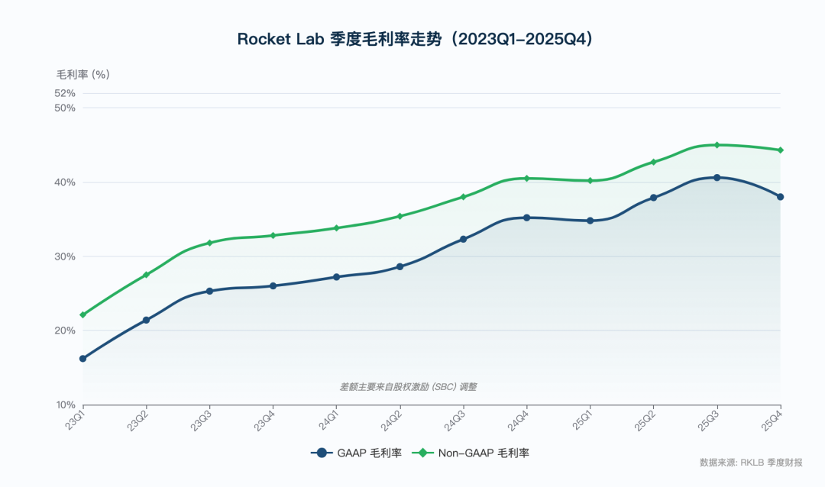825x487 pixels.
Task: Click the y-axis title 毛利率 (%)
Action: pos(83,75)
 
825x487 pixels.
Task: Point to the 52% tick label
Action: pos(65,93)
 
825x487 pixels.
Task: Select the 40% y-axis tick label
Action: pos(65,182)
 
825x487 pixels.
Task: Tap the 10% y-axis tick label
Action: pos(65,405)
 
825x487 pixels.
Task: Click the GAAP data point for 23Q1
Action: pos(83,359)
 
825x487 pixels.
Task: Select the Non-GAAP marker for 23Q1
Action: pos(83,314)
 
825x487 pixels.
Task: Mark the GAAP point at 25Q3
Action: pos(717,178)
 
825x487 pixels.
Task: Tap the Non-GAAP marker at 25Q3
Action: pos(717,145)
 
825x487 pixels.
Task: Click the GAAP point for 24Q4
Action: pos(526,218)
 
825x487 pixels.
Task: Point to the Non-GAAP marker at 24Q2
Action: pos(400,216)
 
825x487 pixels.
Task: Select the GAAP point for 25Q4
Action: pos(780,197)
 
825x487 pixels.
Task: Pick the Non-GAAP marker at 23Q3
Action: pos(210,243)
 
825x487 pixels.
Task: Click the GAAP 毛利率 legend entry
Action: pos(357,453)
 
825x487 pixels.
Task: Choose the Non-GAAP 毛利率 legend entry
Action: pos(471,453)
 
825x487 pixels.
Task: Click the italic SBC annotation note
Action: pos(409,387)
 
